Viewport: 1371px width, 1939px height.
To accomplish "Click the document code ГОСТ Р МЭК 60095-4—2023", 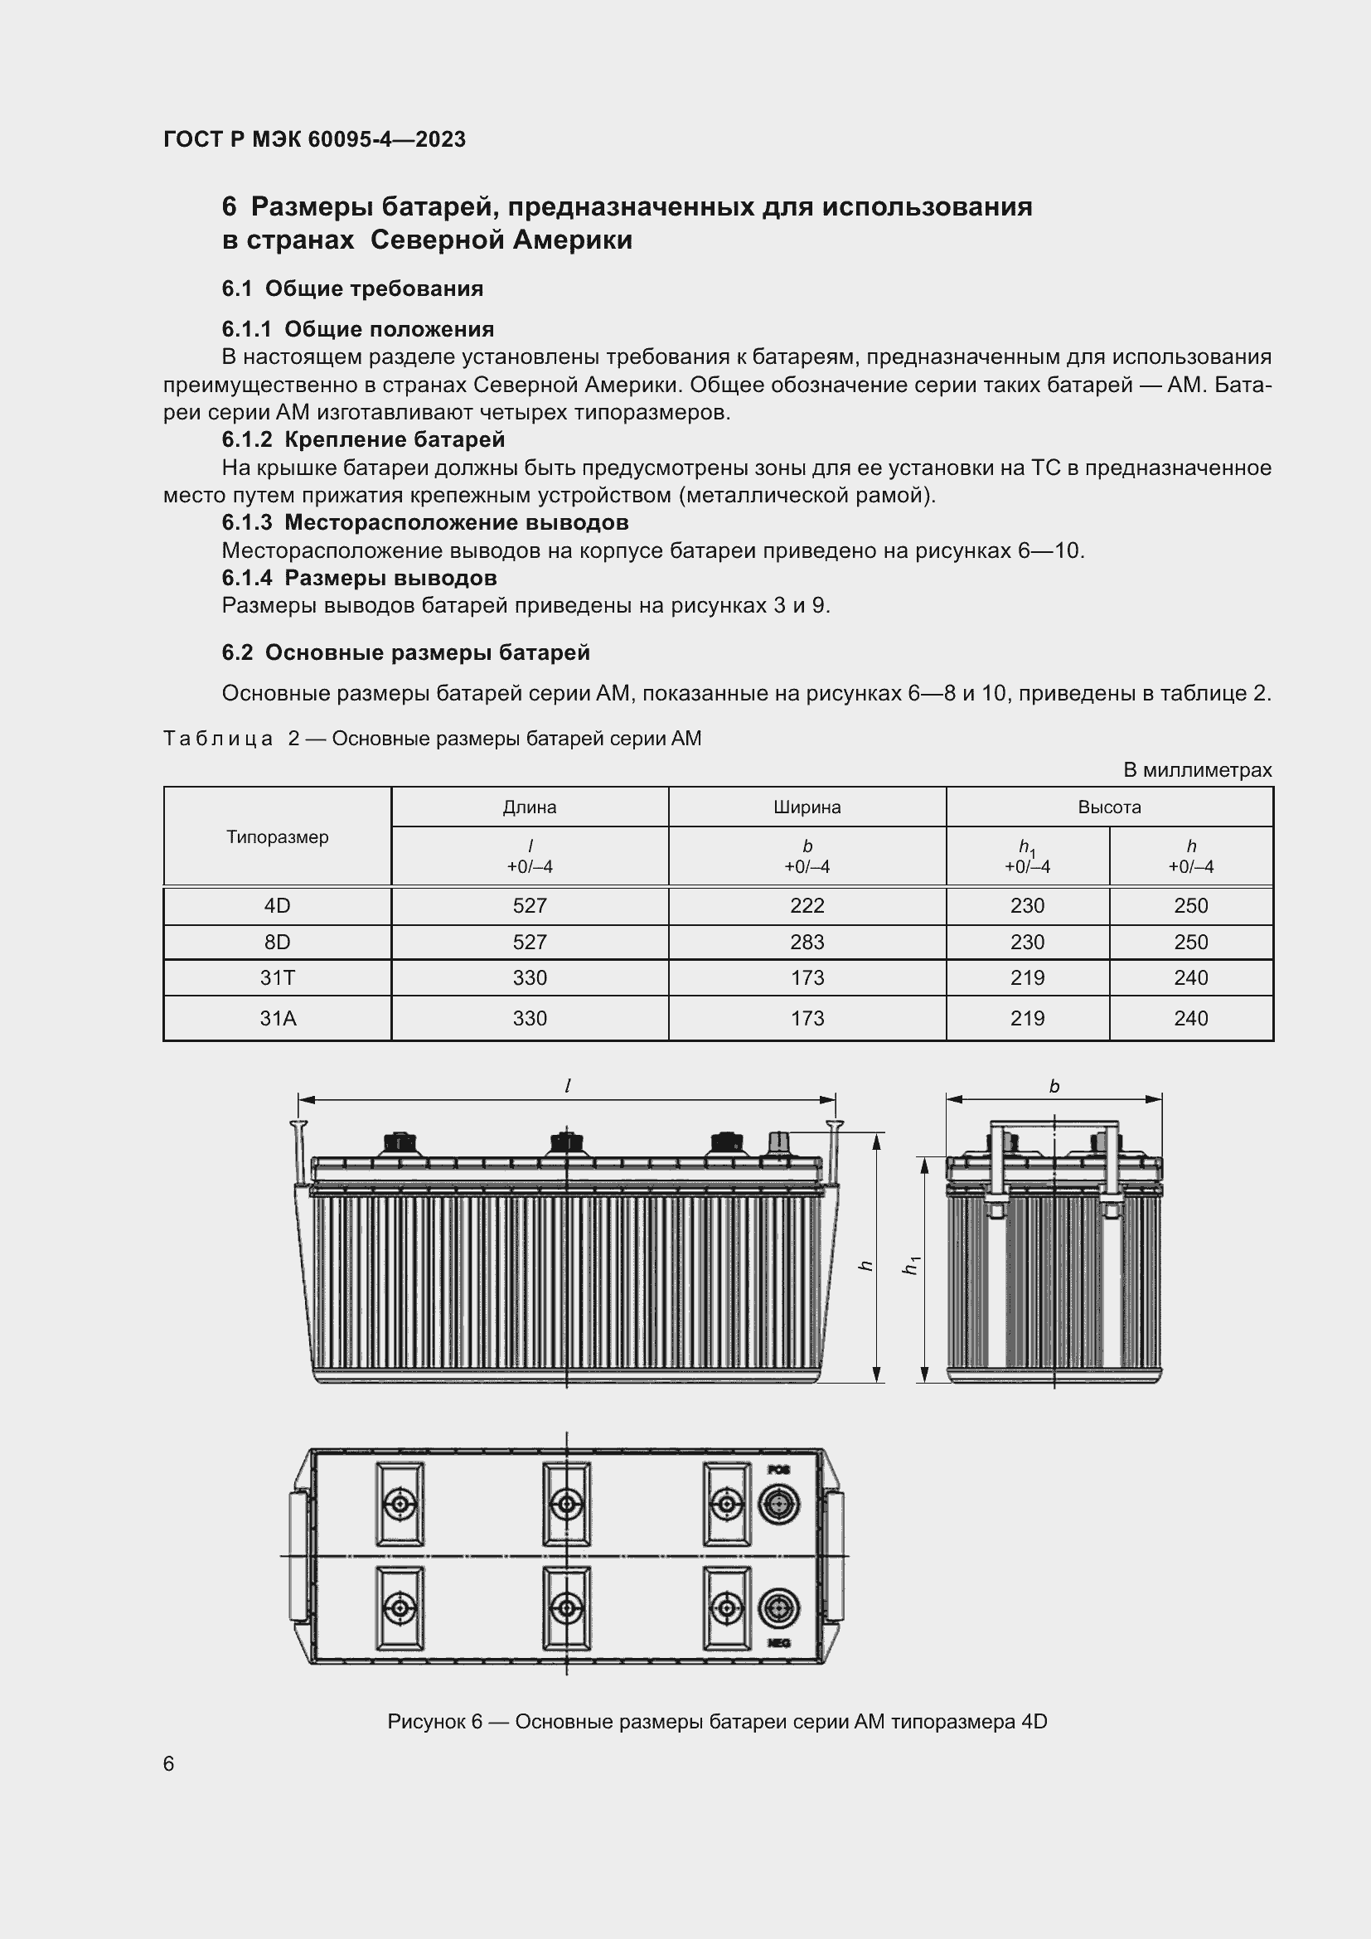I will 314,139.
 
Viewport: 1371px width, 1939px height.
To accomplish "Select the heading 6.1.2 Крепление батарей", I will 363,439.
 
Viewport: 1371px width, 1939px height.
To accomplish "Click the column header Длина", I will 530,807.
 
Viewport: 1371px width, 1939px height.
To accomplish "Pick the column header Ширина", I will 807,807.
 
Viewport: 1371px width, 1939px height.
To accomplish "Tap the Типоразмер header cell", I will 277,837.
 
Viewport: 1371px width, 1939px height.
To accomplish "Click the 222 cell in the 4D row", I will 807,906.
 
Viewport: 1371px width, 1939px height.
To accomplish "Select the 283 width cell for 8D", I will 807,943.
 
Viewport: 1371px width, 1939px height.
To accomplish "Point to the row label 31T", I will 277,978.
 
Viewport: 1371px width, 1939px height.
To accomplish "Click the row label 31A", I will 277,1019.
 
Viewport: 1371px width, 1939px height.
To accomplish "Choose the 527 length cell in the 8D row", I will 530,943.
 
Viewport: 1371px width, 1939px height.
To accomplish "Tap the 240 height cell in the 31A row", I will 1190,1019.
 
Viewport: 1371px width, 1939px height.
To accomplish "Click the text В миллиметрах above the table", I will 1197,770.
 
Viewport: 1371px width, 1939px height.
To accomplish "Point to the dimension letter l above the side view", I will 567,1087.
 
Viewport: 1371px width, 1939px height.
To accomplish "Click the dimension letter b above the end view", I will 1054,1087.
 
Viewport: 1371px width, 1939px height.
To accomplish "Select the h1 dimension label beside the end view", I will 911,1266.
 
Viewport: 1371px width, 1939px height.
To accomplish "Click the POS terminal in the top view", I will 778,1504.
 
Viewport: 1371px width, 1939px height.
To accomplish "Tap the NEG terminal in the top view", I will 778,1607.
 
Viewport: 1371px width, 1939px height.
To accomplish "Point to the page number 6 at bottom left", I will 169,1764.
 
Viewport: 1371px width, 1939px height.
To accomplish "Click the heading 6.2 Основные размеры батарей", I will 405,652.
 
